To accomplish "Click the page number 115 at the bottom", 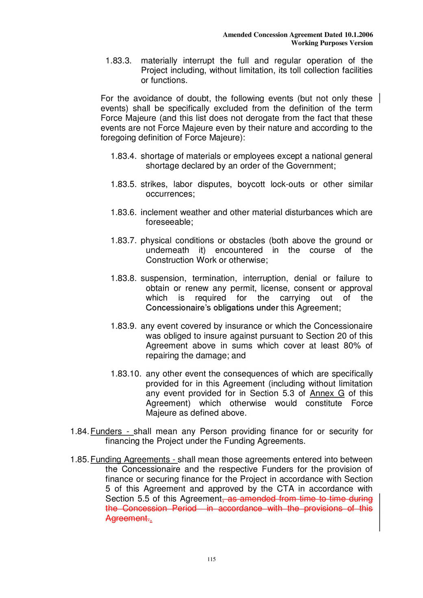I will coord(211,559).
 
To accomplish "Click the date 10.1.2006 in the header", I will coord(358,35).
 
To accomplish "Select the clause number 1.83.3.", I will coord(119,61).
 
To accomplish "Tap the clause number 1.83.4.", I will coord(124,156).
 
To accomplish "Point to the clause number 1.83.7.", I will coord(124,241).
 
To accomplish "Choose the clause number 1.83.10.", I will coord(126,374).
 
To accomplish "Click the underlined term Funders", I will coord(106,431).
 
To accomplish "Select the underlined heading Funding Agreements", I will coord(130,460).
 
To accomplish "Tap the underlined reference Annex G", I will coord(327,394).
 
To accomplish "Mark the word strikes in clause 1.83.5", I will coord(153,185).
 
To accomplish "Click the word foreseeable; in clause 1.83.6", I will coord(170,222).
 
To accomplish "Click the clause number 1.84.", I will coord(79,431).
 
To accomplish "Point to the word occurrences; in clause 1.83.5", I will coord(170,194).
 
